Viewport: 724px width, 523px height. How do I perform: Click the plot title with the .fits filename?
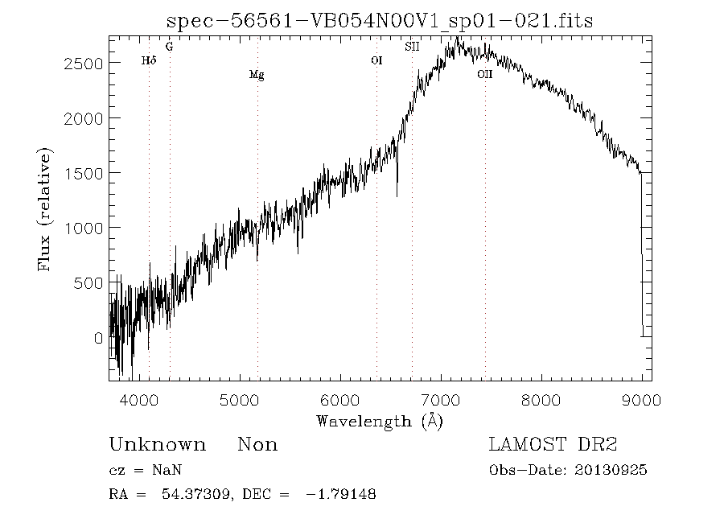(379, 20)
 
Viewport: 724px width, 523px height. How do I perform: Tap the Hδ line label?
(148, 60)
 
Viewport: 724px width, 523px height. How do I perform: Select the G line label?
(169, 47)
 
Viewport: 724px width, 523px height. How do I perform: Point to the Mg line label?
(257, 76)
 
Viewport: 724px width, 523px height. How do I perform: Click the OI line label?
(376, 60)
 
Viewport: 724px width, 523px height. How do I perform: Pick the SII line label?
(412, 47)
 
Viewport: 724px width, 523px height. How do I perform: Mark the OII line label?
(484, 75)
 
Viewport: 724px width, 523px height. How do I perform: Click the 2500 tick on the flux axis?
(84, 64)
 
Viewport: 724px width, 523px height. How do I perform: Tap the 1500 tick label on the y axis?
(84, 173)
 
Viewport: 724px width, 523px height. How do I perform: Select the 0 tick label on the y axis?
(99, 338)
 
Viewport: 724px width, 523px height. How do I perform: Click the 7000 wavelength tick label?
(441, 399)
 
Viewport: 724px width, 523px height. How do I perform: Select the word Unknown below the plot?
(157, 445)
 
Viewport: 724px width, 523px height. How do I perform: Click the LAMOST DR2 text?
(553, 445)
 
